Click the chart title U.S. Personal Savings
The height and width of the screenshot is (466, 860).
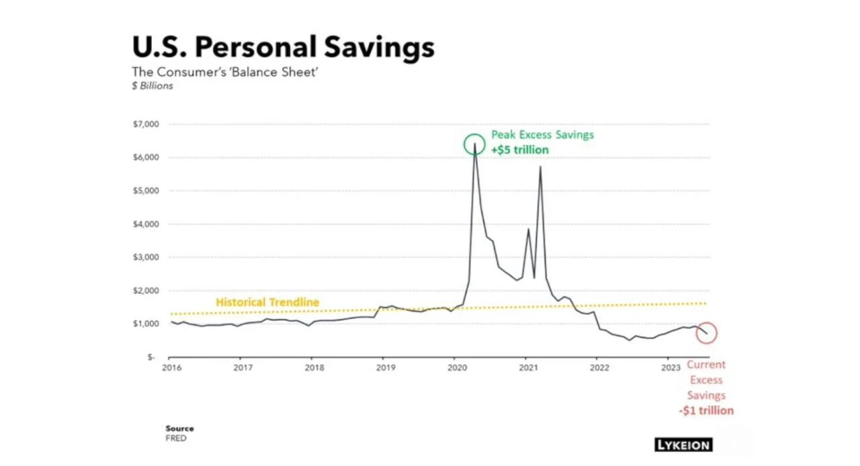[284, 47]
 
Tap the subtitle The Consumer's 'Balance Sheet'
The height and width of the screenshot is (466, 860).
[225, 72]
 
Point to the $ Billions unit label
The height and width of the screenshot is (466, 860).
[153, 85]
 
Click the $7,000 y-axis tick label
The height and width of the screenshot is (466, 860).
[146, 124]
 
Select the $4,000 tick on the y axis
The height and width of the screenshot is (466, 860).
[146, 224]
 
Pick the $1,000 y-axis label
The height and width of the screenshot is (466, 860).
[146, 324]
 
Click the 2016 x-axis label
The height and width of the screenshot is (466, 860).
[171, 368]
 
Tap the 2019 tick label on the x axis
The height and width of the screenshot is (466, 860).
[386, 368]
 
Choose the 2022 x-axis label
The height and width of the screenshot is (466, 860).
[600, 368]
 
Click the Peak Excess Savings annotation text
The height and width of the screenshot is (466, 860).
[542, 135]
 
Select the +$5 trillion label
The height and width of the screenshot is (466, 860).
[520, 150]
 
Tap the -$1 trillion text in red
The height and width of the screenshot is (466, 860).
[706, 411]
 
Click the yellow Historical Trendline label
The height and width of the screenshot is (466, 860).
[267, 302]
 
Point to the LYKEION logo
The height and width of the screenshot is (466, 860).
[684, 445]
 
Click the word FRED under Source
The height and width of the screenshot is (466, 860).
[176, 438]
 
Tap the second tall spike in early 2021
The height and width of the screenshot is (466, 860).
[540, 167]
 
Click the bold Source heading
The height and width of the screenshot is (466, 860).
[179, 428]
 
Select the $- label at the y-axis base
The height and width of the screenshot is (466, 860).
[151, 357]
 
